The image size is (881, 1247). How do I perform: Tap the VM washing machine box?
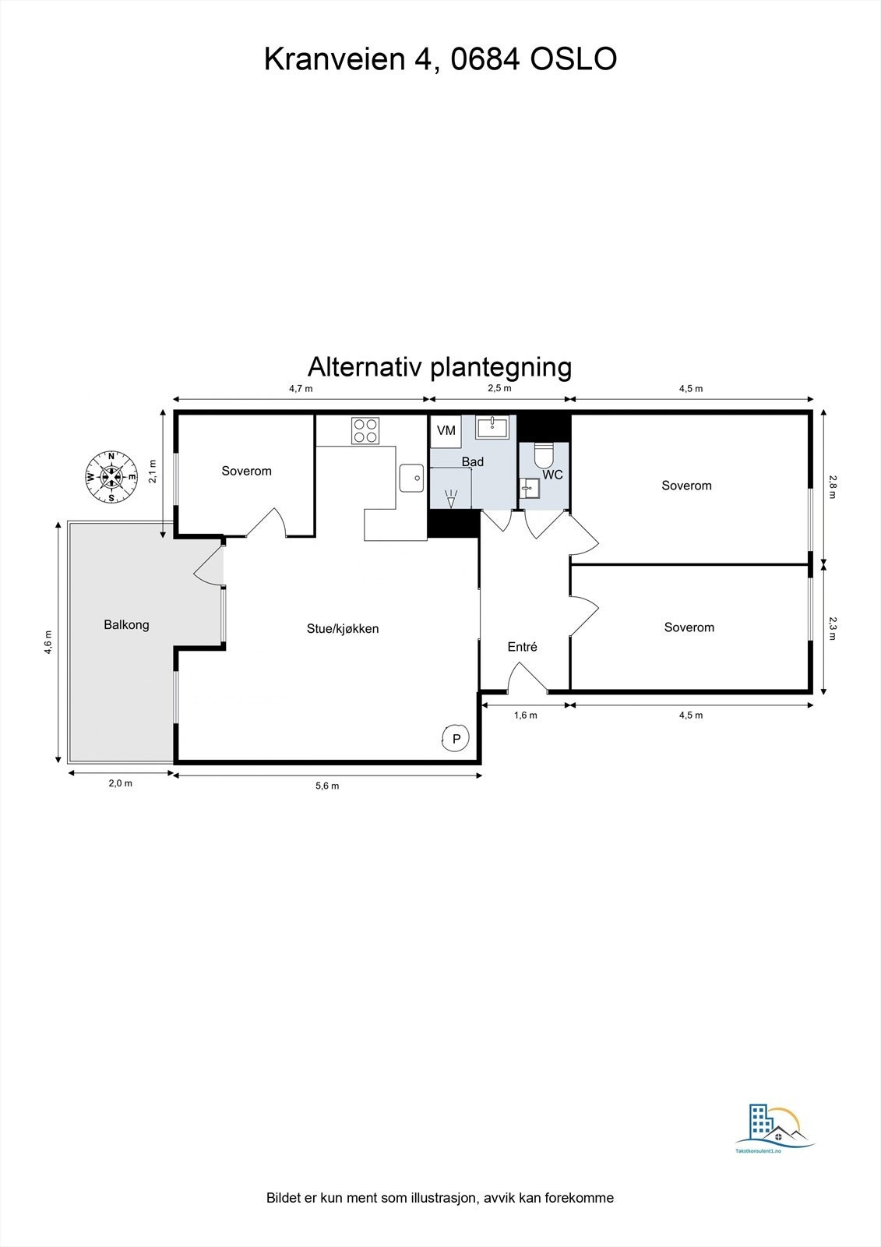click(446, 431)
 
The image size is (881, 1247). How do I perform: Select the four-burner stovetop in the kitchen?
click(365, 430)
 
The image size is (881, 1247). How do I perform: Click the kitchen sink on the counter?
click(411, 478)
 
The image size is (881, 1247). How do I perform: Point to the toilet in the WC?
click(543, 454)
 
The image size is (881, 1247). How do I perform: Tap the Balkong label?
click(126, 625)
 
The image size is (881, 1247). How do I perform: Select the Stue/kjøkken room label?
click(343, 629)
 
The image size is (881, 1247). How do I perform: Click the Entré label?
click(522, 647)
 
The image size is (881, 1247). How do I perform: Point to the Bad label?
click(473, 462)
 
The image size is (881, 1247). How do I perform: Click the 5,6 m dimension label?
click(327, 786)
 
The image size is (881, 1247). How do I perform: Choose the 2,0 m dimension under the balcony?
click(120, 783)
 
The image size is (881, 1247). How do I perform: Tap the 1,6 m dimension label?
click(526, 715)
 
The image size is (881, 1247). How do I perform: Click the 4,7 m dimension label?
click(301, 388)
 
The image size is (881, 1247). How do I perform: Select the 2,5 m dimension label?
click(499, 388)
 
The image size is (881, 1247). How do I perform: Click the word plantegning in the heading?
click(501, 366)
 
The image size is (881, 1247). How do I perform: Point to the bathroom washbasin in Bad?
click(492, 427)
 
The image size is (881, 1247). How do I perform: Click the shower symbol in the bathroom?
click(451, 496)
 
